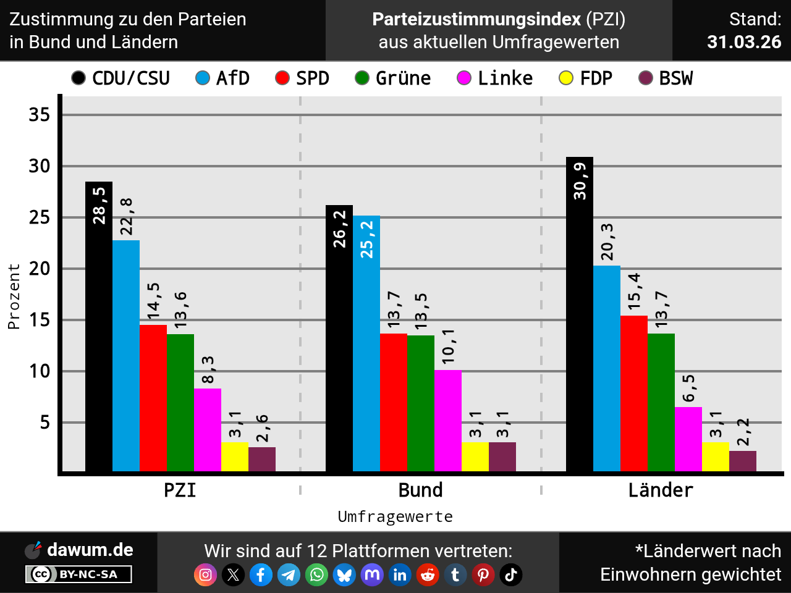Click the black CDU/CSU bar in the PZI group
[x=99, y=346]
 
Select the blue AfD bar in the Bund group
[x=366, y=358]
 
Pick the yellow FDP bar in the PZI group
[x=235, y=456]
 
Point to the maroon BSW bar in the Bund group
[x=502, y=456]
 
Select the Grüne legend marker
[x=362, y=78]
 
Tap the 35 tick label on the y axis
[x=40, y=114]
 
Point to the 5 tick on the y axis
[x=45, y=423]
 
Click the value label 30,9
[x=580, y=181]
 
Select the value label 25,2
[x=367, y=240]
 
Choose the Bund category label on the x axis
[x=421, y=490]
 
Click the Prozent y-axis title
[x=14, y=296]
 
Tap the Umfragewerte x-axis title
[x=395, y=516]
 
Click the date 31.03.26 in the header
[x=744, y=42]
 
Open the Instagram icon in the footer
[x=206, y=575]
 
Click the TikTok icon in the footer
[x=511, y=575]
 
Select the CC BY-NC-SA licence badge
[x=78, y=574]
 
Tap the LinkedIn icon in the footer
[x=400, y=575]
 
